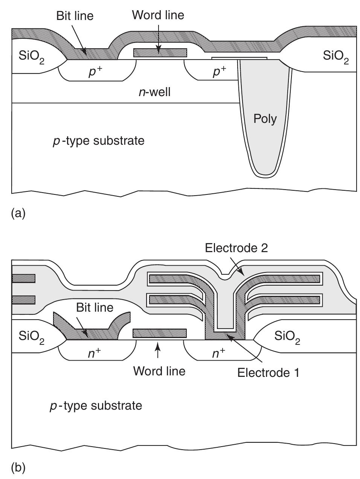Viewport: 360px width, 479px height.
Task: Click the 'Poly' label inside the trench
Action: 265,119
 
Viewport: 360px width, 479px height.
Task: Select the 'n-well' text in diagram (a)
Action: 154,92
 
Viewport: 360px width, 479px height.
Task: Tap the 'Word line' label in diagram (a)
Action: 158,15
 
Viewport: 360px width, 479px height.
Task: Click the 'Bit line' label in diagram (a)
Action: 75,16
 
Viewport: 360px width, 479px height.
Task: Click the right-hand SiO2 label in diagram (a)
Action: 336,57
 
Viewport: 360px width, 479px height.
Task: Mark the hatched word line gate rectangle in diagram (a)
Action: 160,53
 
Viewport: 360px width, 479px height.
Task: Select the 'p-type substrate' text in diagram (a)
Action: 98,141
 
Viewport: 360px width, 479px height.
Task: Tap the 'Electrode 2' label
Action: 236,248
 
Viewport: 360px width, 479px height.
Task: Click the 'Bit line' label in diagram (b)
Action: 95,308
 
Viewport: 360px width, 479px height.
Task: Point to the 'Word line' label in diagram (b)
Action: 159,371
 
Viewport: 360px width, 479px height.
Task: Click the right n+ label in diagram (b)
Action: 220,353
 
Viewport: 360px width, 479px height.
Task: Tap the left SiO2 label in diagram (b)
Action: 31,337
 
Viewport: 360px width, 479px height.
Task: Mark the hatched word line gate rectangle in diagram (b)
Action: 160,333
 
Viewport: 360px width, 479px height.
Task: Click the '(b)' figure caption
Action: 18,468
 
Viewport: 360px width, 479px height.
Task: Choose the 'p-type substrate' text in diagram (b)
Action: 96,406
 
